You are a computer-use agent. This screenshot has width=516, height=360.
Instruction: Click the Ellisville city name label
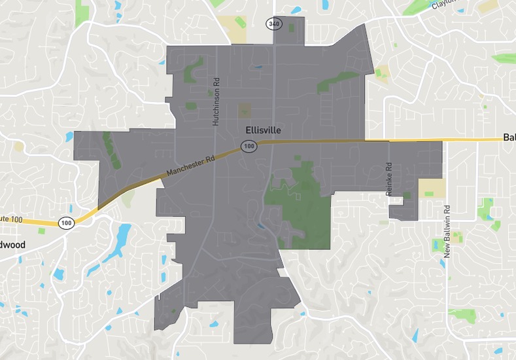(263, 130)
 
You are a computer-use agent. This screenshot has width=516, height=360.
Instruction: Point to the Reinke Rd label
(388, 174)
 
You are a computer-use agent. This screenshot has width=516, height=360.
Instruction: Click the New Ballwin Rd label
(447, 231)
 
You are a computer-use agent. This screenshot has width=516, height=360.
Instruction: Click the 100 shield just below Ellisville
(249, 147)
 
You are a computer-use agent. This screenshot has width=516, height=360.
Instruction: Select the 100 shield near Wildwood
(66, 223)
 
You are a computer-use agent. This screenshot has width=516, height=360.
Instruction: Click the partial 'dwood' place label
(12, 245)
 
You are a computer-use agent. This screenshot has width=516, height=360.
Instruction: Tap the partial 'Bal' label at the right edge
(509, 137)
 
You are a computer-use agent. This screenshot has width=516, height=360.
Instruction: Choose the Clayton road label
(445, 5)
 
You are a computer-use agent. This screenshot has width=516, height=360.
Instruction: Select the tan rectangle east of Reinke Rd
(432, 189)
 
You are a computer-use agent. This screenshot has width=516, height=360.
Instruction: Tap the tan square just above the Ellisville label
(245, 110)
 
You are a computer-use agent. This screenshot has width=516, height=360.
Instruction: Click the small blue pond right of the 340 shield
(296, 10)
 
